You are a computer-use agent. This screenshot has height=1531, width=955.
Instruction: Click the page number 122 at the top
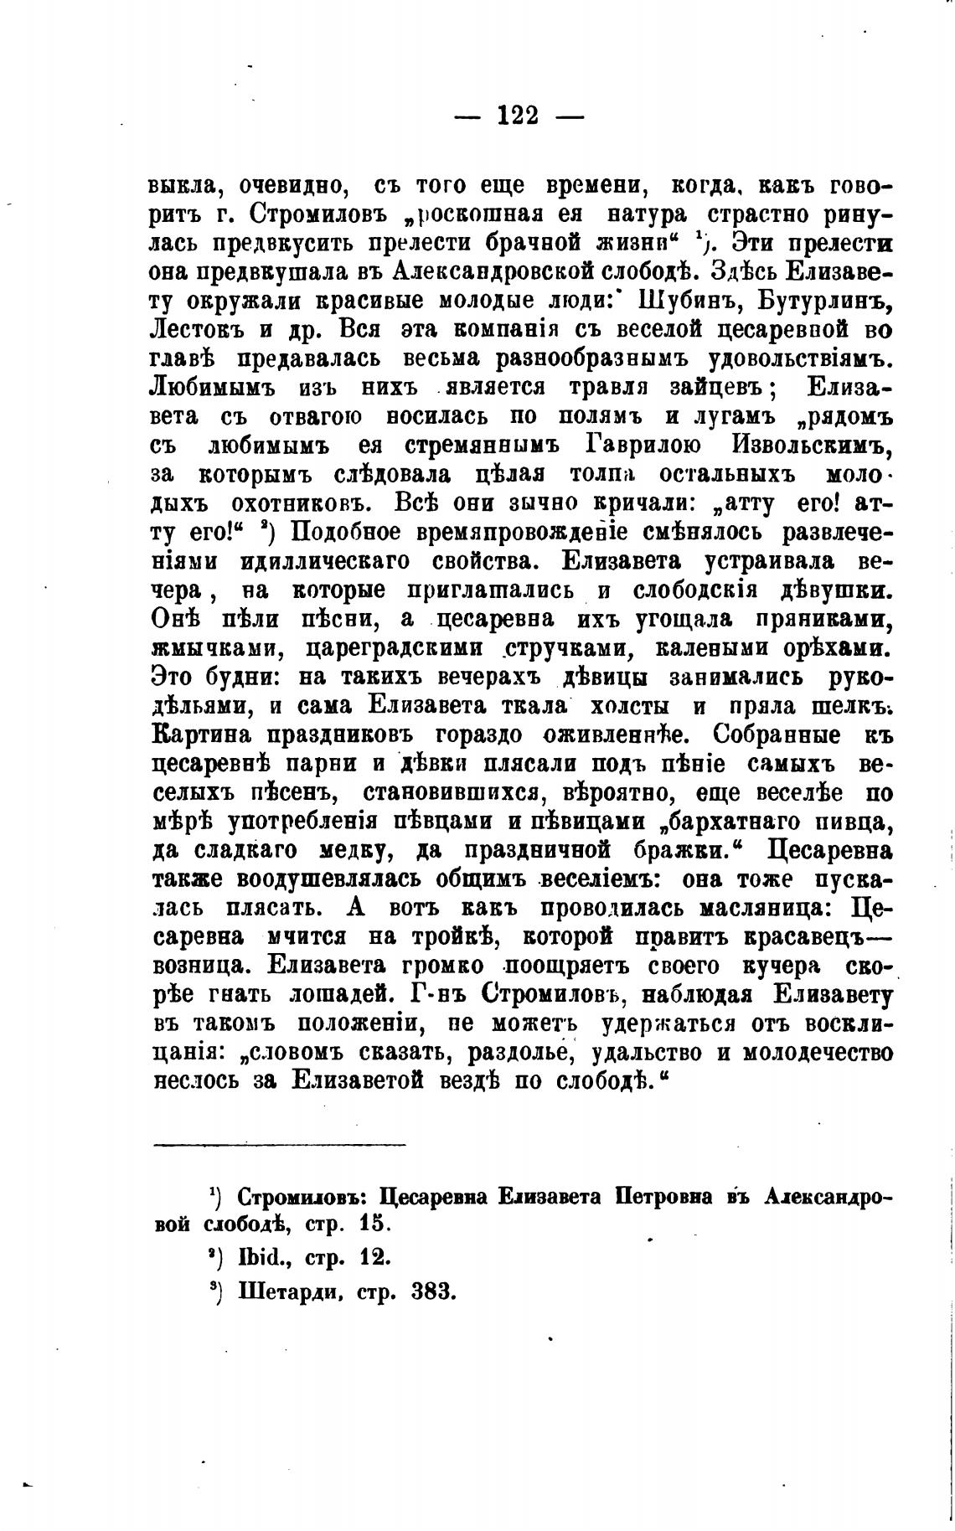(518, 115)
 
